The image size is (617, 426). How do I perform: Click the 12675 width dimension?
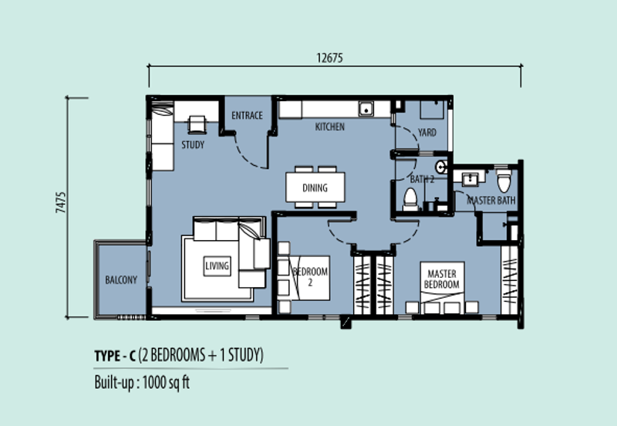point(330,59)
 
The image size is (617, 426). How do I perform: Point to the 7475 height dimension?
point(61,203)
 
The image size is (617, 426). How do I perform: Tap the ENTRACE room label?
point(247,115)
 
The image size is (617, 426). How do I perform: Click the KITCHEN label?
point(330,127)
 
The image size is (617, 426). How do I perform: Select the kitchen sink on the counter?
point(366,108)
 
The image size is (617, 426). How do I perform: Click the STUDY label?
point(193,145)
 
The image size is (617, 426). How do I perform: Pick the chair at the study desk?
point(197,124)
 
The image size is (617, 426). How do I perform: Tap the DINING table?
point(315,188)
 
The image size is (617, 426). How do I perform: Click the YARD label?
point(427,132)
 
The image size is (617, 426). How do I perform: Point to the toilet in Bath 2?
point(410,199)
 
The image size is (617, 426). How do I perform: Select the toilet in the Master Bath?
point(504,181)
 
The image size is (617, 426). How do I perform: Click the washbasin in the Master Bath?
point(470,179)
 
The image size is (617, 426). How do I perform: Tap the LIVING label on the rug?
point(217,265)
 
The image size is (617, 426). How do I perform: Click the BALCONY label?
point(121,280)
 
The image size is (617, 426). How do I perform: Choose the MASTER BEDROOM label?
point(441,279)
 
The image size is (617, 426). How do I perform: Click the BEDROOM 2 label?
point(311,276)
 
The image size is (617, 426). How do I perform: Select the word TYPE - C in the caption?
point(115,356)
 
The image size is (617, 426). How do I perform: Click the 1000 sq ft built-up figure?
point(166,382)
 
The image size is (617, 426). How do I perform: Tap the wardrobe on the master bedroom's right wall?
point(510,280)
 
